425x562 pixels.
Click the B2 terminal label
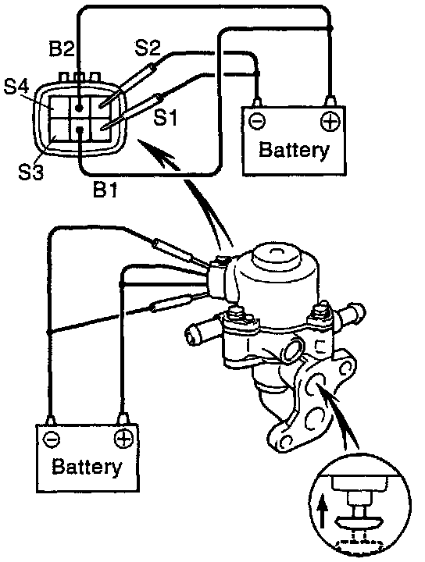(x=62, y=48)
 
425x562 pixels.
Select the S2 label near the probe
(x=148, y=48)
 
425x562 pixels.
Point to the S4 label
(x=16, y=87)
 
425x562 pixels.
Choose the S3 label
(x=30, y=172)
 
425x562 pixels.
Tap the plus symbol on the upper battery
(x=330, y=122)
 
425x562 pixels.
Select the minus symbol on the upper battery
(x=257, y=122)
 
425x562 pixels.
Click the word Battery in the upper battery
(x=294, y=150)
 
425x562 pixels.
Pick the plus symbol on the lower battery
(x=123, y=439)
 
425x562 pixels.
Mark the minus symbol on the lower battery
(x=52, y=439)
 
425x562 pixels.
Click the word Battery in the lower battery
(x=87, y=467)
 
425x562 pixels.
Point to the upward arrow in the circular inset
(x=323, y=510)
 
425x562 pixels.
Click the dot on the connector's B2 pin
(x=79, y=107)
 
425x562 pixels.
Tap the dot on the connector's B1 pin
(x=80, y=130)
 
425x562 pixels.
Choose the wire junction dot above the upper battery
(x=330, y=27)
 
